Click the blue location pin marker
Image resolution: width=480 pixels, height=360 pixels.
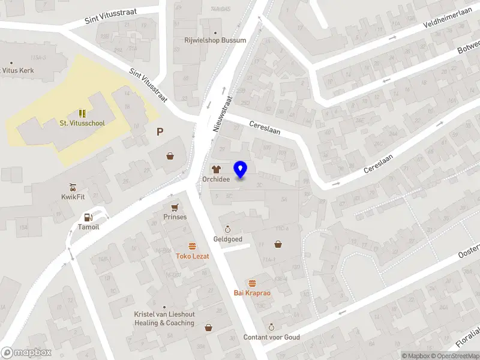coord(241,170)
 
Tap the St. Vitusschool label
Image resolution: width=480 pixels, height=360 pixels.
coord(82,124)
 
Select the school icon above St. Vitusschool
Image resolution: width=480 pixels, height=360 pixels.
coord(82,113)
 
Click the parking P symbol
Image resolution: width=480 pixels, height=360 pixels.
coord(160,132)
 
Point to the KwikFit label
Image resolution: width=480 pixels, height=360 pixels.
coord(73,196)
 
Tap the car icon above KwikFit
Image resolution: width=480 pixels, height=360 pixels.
coord(73,186)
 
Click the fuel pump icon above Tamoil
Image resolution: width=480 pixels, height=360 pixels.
coord(88,217)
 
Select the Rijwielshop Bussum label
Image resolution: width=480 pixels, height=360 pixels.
coord(214,40)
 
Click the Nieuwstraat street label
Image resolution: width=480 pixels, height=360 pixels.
coord(222,113)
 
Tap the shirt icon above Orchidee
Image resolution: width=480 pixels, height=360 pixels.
coord(215,170)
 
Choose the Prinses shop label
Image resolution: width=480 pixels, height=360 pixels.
coord(175,217)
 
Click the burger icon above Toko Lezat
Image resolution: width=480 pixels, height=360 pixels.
coord(192,246)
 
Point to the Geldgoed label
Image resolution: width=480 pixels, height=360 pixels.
coord(228,239)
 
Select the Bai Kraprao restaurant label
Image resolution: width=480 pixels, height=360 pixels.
coord(252,293)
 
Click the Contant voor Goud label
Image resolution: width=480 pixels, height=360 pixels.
coord(271,337)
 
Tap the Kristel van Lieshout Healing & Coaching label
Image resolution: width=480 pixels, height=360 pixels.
coord(164,319)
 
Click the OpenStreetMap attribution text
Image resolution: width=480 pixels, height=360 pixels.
coord(457,356)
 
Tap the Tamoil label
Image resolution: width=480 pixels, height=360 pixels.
coord(88,227)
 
